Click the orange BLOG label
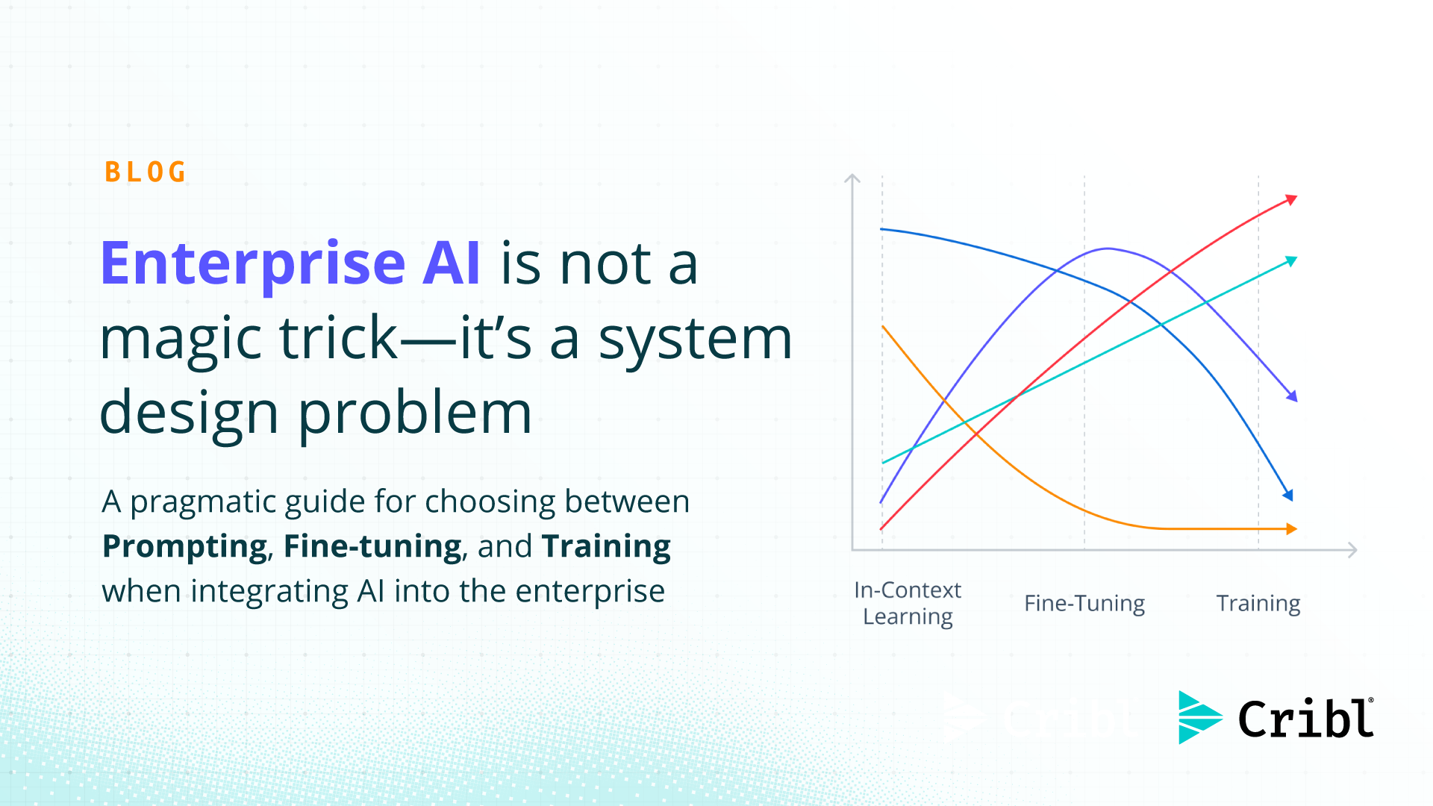[x=145, y=172]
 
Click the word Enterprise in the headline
[x=253, y=263]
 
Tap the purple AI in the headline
[x=451, y=263]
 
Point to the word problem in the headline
[x=415, y=413]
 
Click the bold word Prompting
[x=184, y=546]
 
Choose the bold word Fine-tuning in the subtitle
[x=372, y=546]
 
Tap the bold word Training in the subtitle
[x=606, y=546]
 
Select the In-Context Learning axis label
[x=908, y=603]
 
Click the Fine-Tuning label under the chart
[x=1084, y=603]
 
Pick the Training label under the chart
[x=1258, y=603]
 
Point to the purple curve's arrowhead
[x=1293, y=396]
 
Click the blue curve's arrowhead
[x=1288, y=495]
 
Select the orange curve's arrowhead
[x=1292, y=529]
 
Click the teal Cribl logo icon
[x=1199, y=717]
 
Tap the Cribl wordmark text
[x=1305, y=719]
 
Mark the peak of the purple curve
[x=1108, y=249]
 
